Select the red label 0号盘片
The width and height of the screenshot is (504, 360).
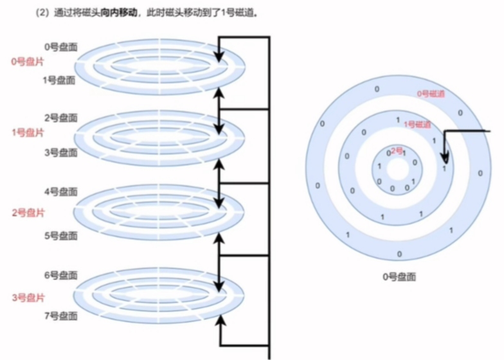coord(27,62)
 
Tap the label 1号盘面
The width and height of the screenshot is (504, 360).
coord(59,80)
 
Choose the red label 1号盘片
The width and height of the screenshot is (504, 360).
coord(27,132)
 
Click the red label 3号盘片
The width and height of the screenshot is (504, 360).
coord(27,298)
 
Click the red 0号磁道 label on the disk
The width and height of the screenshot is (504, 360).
coord(431,94)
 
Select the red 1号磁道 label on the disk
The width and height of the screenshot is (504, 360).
coord(417,124)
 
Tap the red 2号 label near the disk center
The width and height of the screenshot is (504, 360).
coord(397,150)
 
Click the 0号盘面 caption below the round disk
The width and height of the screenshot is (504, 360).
coord(399,277)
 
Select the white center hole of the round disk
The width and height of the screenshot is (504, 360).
coord(398,171)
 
